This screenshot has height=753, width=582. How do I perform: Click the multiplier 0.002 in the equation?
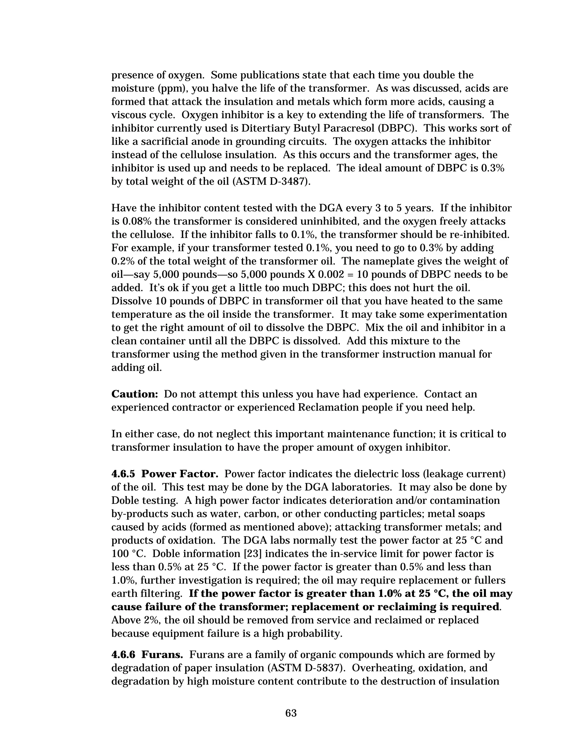click(331, 274)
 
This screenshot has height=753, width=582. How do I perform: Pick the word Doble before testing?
click(126, 500)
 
